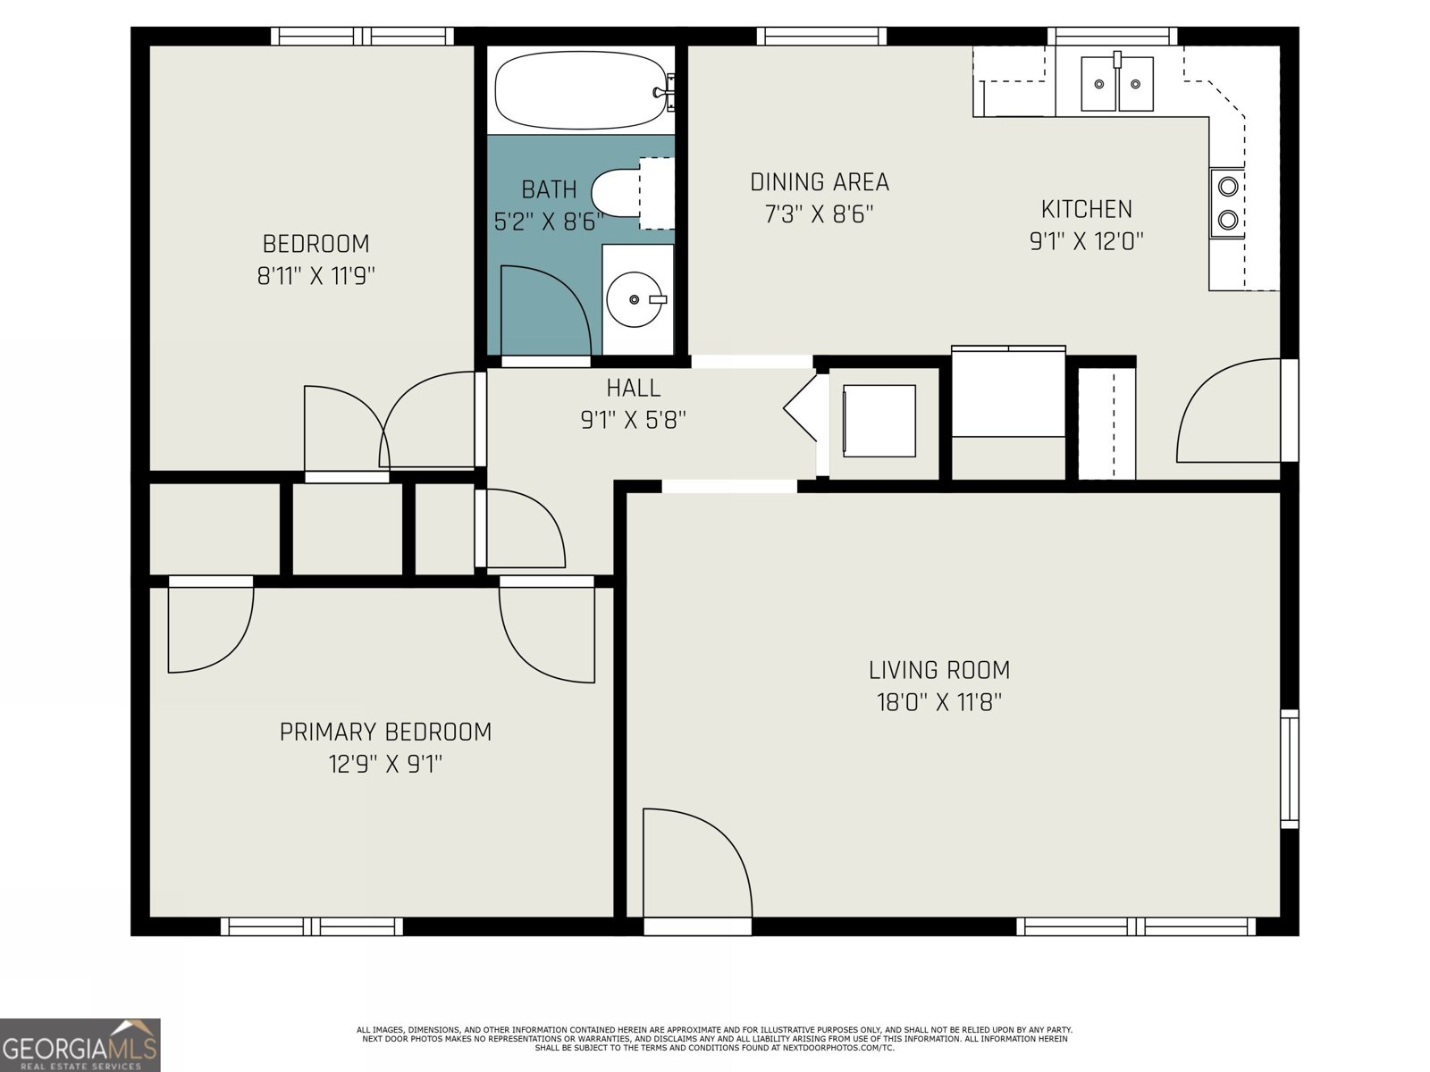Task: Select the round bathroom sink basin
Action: coord(634,300)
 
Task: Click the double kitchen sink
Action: coord(1117,84)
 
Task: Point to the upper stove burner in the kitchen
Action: coord(1228,187)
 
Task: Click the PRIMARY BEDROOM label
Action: coord(385,732)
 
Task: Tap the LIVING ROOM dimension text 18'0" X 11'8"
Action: coord(938,702)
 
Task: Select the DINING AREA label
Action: coord(819,182)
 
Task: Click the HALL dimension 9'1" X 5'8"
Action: coord(633,420)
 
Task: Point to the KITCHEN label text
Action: coord(1086,209)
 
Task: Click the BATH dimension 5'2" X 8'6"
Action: coord(548,222)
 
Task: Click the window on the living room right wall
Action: coord(1289,768)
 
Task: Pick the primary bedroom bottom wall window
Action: coord(311,926)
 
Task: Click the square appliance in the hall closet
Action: coord(879,421)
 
